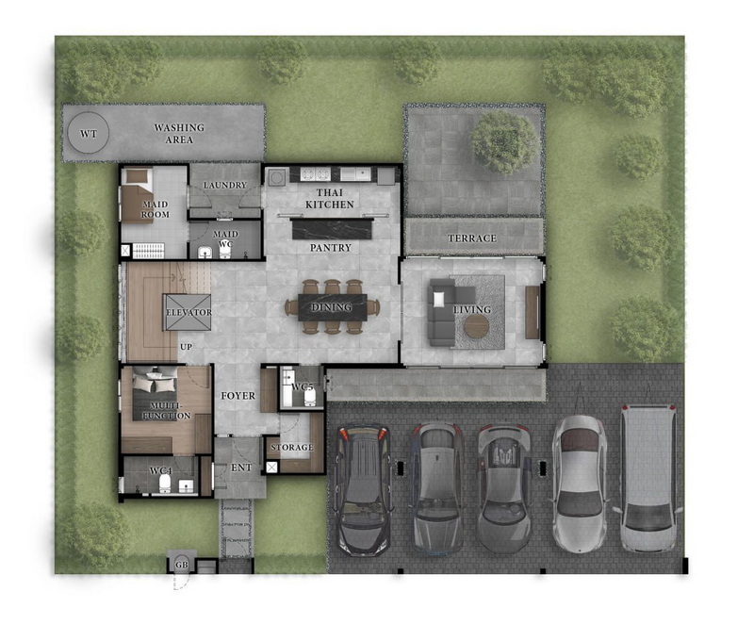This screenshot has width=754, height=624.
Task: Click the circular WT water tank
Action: (88, 133)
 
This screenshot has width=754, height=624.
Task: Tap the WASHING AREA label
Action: (179, 134)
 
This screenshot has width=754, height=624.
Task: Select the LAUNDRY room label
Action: (224, 185)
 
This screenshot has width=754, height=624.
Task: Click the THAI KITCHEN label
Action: (329, 198)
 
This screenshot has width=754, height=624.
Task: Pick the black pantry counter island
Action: (333, 229)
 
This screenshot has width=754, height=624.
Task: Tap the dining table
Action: (333, 307)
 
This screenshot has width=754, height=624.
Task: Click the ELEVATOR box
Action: (188, 312)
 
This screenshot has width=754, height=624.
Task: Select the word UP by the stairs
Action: (186, 347)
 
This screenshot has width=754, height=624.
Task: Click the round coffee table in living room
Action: (477, 326)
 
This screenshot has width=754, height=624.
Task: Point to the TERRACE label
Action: (472, 238)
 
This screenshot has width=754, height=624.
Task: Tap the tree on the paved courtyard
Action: (504, 141)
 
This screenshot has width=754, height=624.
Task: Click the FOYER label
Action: (238, 396)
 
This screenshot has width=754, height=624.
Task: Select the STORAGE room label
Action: (292, 447)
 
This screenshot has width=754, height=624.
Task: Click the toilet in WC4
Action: (166, 484)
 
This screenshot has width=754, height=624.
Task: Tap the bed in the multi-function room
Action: (155, 393)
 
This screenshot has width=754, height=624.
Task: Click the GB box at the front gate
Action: (181, 565)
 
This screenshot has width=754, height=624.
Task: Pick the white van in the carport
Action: (647, 477)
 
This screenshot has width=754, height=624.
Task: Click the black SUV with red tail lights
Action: (363, 489)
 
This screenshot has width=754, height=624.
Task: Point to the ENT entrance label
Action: (241, 468)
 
